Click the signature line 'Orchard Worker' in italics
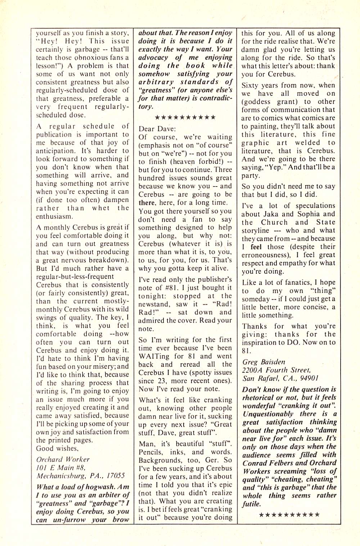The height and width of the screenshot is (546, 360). (x=63, y=460)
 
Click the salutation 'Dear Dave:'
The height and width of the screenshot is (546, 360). (x=157, y=129)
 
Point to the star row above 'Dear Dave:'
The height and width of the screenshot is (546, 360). (x=185, y=117)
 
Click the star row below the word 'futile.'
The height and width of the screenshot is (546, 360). (x=289, y=515)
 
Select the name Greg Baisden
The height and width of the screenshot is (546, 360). (x=264, y=362)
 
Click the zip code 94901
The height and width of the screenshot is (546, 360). (x=307, y=379)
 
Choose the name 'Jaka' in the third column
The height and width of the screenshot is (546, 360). (x=271, y=214)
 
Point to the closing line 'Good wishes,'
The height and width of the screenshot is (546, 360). (x=57, y=449)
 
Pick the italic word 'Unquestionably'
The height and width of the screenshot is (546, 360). (x=268, y=414)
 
